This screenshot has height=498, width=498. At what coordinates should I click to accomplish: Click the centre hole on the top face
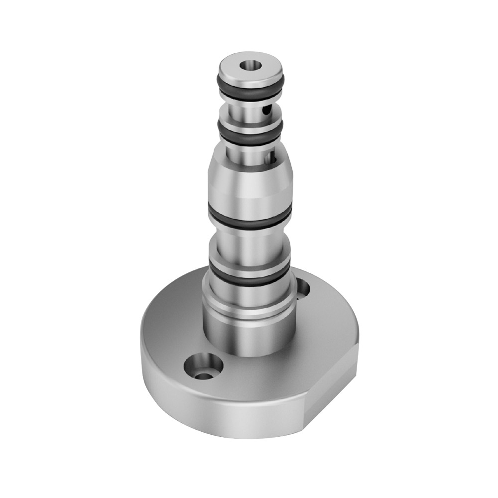(x=249, y=65)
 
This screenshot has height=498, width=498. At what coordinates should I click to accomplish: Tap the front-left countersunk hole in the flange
(x=203, y=368)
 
